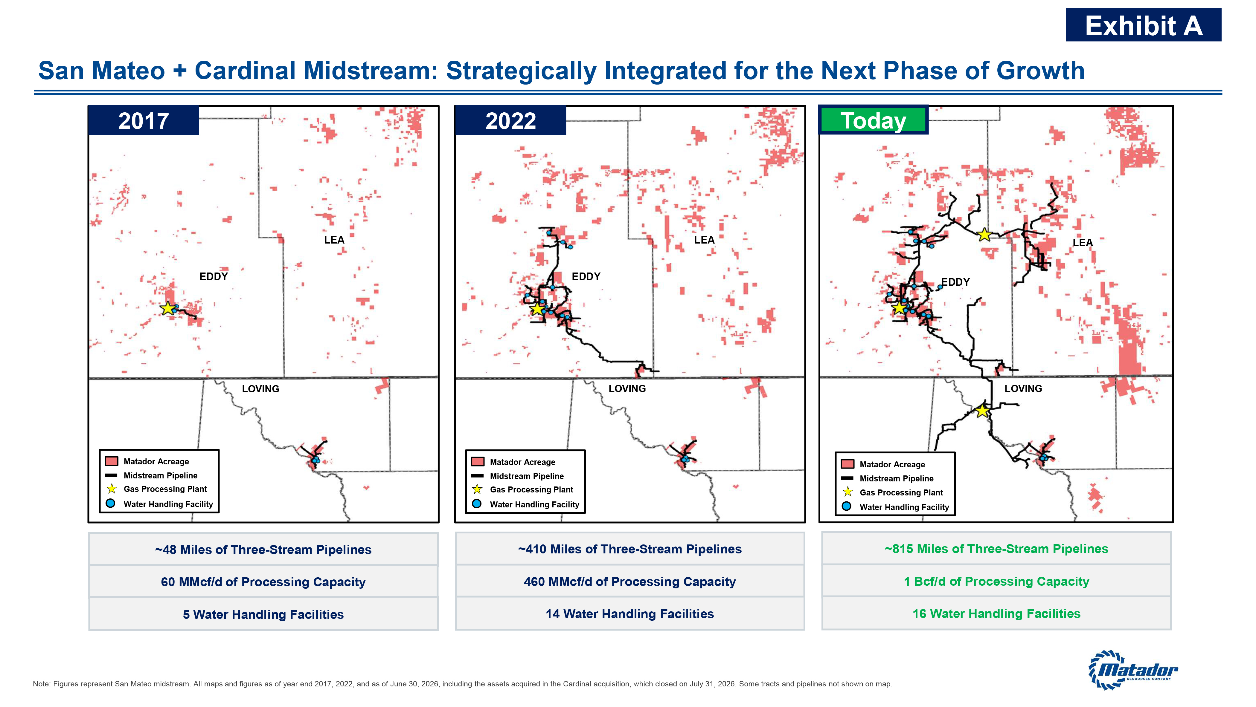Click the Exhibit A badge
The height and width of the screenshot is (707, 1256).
(x=1143, y=25)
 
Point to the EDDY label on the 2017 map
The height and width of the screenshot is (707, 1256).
(x=214, y=276)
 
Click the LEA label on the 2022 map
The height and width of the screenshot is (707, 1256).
(x=704, y=240)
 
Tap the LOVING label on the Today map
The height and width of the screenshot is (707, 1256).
(x=1023, y=388)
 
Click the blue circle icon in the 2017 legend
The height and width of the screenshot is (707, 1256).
(x=111, y=503)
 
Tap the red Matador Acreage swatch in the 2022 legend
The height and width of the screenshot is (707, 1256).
(x=478, y=461)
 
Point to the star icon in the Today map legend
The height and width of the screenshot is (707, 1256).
(x=848, y=492)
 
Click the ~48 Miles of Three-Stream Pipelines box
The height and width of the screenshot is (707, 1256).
(x=263, y=549)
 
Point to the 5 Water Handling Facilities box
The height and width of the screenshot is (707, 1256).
(x=263, y=614)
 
